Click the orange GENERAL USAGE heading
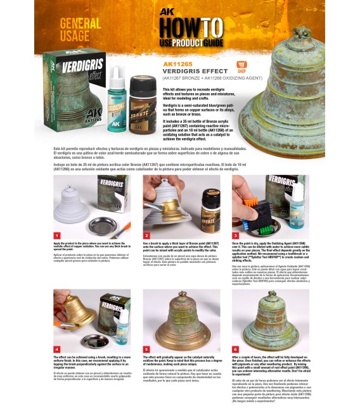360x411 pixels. (x=79, y=29)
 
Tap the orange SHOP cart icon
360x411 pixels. (x=241, y=66)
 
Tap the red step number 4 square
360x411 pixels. (x=57, y=348)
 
